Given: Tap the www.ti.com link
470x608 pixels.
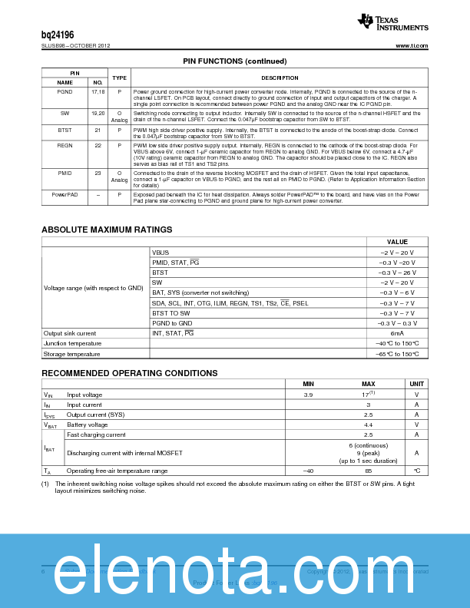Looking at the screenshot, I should (412, 46).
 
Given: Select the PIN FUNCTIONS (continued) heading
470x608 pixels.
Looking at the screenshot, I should (234, 61).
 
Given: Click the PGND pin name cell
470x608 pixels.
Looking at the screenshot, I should (65, 91).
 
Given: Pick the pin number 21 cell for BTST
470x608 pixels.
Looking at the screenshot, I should (98, 131).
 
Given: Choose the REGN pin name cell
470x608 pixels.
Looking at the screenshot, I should (65, 144).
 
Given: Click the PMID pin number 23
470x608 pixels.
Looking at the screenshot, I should (98, 173).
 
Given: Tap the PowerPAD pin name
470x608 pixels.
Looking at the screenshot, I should (65, 194).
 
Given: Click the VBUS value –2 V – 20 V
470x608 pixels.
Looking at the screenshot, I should (397, 253).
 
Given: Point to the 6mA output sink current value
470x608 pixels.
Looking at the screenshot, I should (397, 333).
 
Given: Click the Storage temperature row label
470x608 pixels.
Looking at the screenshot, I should (71, 354).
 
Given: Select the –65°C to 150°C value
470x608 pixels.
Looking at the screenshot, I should (397, 354).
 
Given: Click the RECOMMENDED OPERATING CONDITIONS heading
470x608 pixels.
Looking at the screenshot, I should (129, 373).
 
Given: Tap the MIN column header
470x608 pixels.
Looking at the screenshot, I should (308, 384).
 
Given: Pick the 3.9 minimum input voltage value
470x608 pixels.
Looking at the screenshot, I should (308, 395).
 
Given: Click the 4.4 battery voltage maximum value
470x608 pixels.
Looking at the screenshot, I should (368, 425).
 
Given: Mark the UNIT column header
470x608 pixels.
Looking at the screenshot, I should (416, 384).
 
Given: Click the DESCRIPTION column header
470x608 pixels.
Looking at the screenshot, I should (280, 78).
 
